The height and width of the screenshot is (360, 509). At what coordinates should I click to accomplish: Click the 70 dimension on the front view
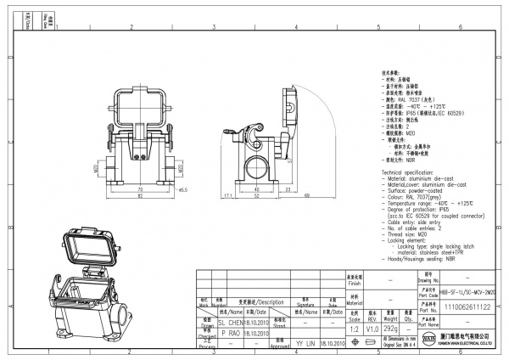tap(140, 188)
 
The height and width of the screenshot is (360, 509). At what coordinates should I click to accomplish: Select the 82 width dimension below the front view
tap(140, 197)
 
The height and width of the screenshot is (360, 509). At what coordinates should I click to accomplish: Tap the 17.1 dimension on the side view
tap(227, 195)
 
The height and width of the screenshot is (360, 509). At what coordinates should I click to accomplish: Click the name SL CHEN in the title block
tap(232, 323)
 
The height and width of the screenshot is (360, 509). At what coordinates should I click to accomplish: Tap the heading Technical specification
tap(415, 171)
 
